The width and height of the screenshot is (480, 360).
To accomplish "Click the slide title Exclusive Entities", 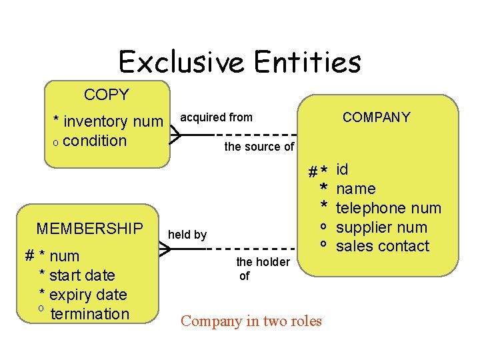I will click(239, 62).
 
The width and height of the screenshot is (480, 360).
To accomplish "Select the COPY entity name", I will click(106, 95).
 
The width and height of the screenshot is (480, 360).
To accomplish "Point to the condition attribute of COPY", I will click(94, 141).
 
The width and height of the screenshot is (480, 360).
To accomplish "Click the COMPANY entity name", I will click(376, 117).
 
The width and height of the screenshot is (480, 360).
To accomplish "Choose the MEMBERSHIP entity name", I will click(89, 229).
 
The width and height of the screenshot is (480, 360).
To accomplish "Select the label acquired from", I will click(217, 117).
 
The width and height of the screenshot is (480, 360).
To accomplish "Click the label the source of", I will click(259, 147).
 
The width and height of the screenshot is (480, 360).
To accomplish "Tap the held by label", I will click(187, 235).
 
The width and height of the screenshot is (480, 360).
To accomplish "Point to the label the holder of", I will click(263, 269).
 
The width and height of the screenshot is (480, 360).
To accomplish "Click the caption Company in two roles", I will click(251, 321).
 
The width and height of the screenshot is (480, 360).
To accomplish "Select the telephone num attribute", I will click(388, 208).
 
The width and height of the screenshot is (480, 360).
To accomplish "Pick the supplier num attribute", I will click(381, 227).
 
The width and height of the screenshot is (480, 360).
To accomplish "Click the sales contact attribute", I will click(383, 246).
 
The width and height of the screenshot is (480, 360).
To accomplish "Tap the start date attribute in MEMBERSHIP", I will click(82, 275).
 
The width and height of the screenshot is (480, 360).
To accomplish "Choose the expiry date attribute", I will click(87, 295).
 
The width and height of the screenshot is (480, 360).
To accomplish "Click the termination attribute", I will click(89, 314).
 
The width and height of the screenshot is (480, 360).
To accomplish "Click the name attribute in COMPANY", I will click(355, 189).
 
